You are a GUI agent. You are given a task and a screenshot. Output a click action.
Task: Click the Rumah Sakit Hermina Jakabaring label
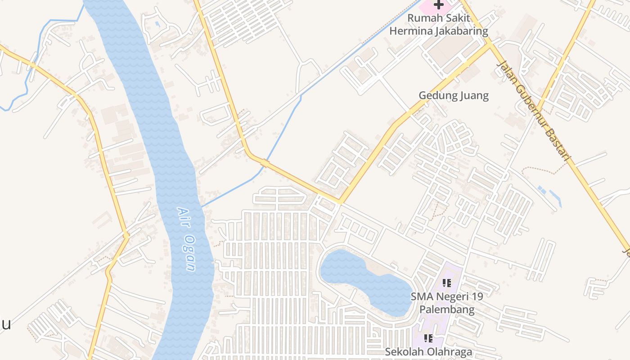438,25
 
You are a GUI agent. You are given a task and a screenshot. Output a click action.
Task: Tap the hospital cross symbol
438,5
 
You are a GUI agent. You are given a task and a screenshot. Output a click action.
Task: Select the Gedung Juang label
454,95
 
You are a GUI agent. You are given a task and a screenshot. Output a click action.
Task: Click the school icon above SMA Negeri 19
447,283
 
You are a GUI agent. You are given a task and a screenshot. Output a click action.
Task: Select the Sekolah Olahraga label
428,352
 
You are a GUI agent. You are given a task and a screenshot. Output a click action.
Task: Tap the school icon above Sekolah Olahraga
428,337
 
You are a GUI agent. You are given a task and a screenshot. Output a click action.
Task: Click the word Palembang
447,310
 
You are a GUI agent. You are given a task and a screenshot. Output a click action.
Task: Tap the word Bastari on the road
558,144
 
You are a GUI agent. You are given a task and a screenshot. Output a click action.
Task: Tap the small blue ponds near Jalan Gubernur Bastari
549,195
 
